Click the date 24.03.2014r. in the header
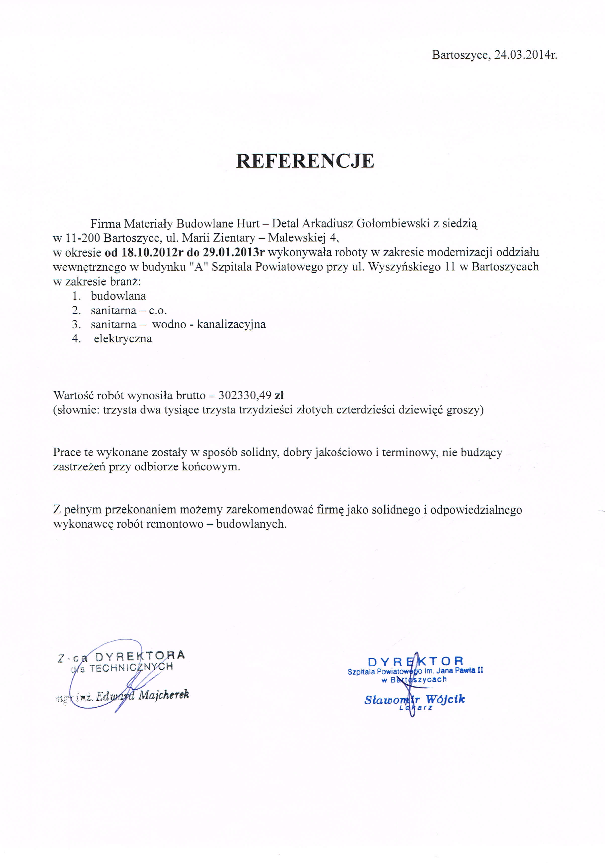pos(525,55)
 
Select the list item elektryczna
pos(123,339)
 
